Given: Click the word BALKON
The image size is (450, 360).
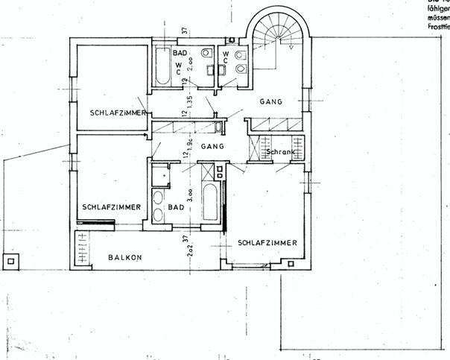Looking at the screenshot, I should coord(125,257).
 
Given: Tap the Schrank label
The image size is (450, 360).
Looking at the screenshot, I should coord(281,152).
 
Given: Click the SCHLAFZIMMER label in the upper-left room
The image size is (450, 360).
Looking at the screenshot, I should coord(117,113).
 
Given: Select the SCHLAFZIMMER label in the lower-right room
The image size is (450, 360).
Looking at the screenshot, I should coord(268,243).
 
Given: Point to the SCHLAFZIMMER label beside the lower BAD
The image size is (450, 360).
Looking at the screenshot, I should coord(112,207).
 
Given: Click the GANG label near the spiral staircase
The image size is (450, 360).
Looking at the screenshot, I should coord(270,101).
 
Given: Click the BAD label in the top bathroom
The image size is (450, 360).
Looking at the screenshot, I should coord(180,54).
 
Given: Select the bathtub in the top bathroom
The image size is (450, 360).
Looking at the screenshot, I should coord(162,67).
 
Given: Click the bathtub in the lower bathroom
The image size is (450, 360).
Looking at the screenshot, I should coord(210,203).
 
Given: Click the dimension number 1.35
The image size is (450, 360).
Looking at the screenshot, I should coord(190,102).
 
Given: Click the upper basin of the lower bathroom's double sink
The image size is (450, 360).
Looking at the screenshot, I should coord(158,199).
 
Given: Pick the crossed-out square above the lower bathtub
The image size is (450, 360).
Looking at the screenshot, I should coord(218,173).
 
